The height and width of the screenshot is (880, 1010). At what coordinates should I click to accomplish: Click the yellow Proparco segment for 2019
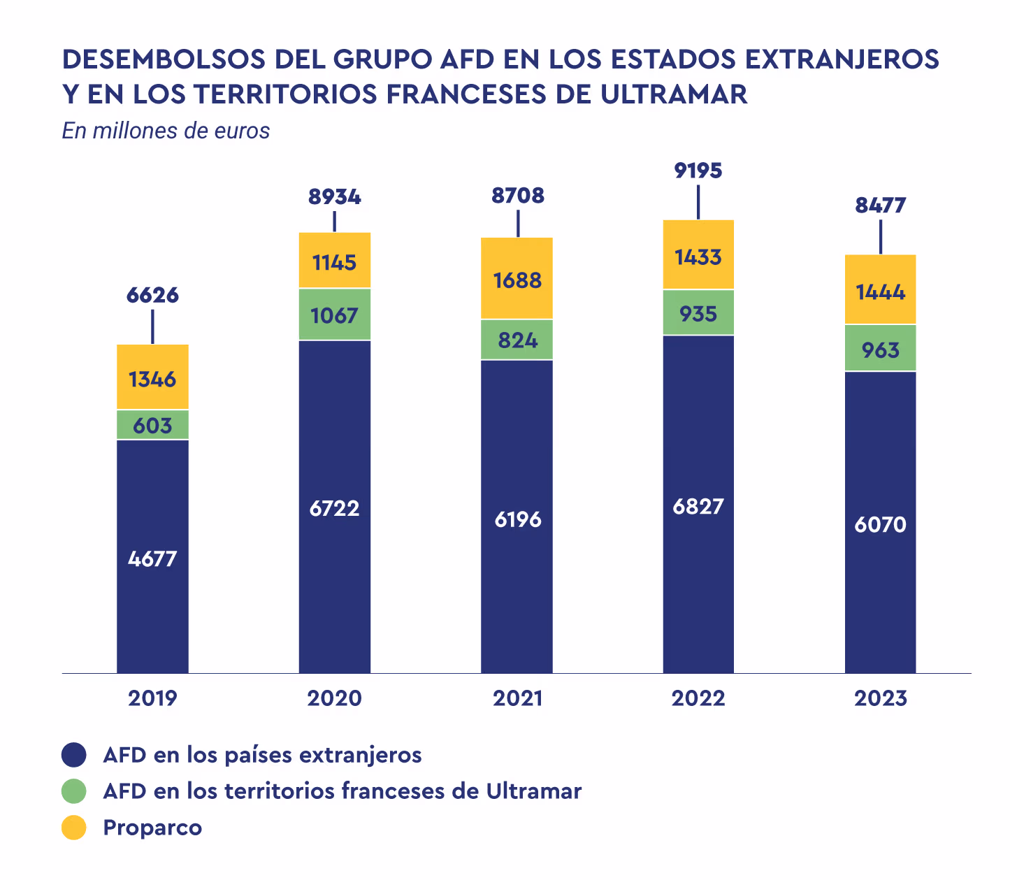(152, 377)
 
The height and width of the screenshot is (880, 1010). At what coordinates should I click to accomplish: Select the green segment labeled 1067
(334, 315)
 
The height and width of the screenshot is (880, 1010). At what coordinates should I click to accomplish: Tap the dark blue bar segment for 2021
(517, 517)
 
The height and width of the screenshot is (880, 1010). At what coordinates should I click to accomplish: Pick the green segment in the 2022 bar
(698, 312)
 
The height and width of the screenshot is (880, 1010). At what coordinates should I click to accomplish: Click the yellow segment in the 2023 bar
(880, 289)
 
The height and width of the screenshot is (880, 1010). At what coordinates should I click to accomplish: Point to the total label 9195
(698, 171)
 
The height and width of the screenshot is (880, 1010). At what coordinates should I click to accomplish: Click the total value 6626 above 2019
(152, 295)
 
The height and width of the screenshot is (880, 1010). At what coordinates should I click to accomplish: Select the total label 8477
(880, 205)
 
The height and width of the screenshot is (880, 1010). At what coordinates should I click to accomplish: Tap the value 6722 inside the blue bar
(334, 508)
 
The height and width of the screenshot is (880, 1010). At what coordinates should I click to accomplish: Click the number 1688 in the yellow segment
(517, 280)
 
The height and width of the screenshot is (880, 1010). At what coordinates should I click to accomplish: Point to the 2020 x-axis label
(334, 698)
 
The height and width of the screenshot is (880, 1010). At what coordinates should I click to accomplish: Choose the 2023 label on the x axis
(880, 698)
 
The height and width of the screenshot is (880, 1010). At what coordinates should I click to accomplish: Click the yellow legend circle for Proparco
(73, 828)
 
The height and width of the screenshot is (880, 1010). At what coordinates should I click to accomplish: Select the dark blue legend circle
(73, 755)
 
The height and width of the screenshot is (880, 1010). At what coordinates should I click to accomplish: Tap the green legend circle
(73, 791)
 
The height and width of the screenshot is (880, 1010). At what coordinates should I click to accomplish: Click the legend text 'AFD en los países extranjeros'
(262, 755)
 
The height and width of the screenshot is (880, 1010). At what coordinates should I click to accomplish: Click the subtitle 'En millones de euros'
(166, 131)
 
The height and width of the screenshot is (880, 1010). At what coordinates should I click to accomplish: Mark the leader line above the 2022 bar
(698, 201)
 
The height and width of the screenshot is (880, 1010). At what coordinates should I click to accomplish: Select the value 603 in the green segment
(152, 425)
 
